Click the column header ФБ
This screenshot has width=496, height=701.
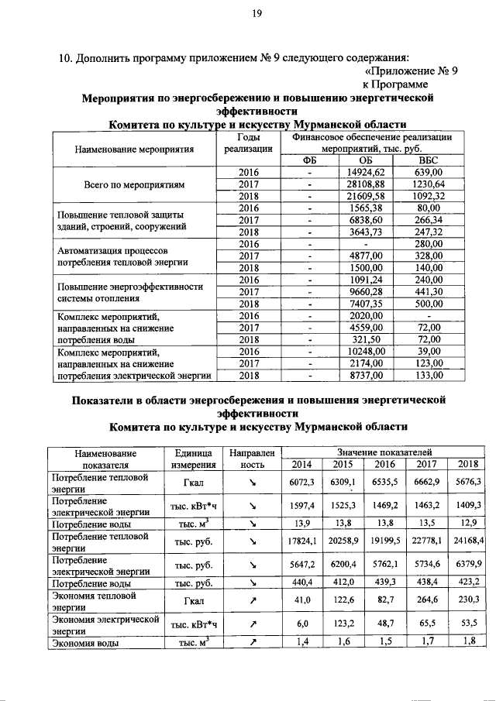pyautogui.click(x=310, y=160)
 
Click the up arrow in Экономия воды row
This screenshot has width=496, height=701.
pyautogui.click(x=252, y=641)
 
